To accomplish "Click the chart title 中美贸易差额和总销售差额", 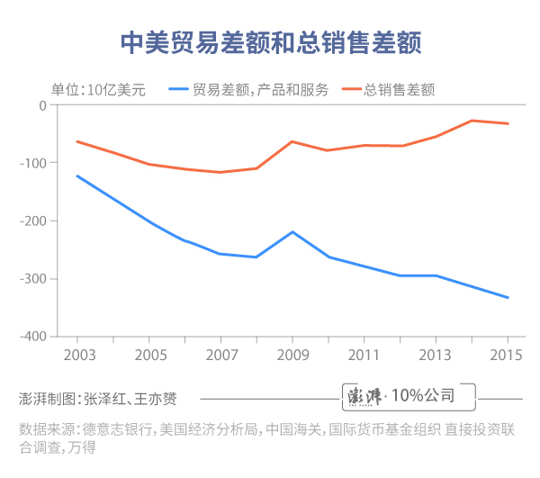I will (270, 42).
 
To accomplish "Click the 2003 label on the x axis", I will (77, 355).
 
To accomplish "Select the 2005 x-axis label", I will (148, 355).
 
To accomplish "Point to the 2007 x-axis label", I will (220, 355).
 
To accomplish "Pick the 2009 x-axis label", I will (292, 355).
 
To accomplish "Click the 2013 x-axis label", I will (436, 355).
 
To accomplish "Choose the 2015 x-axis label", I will (508, 355).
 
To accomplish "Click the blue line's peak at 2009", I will (292, 231).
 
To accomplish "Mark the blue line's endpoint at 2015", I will (508, 298).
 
